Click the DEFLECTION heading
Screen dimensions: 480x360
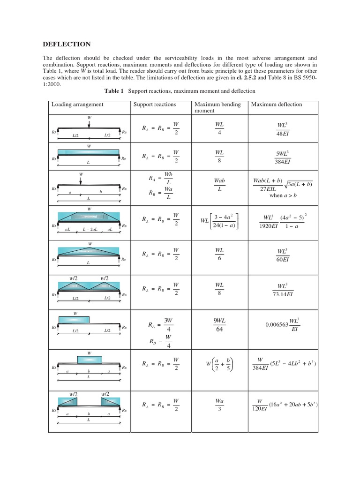pos(67,44)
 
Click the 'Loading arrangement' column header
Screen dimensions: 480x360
pos(77,104)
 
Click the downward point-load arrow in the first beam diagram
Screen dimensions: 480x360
pos(89,123)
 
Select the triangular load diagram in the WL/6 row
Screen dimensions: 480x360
pos(89,251)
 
